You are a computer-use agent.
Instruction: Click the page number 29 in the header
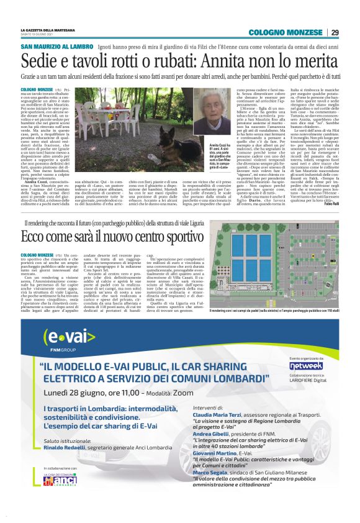334,32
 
